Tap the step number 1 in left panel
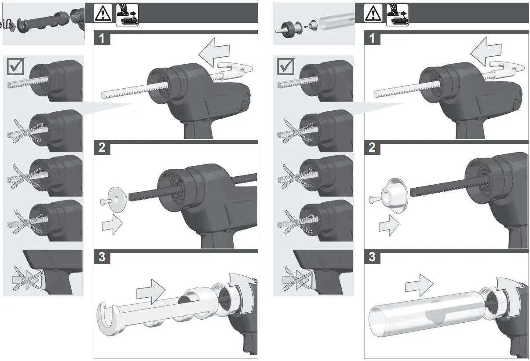pos(102,39)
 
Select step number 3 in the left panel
pos(102,258)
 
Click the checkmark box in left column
pos(17,66)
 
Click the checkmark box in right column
pos(287,66)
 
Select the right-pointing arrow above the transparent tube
pos(419,285)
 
